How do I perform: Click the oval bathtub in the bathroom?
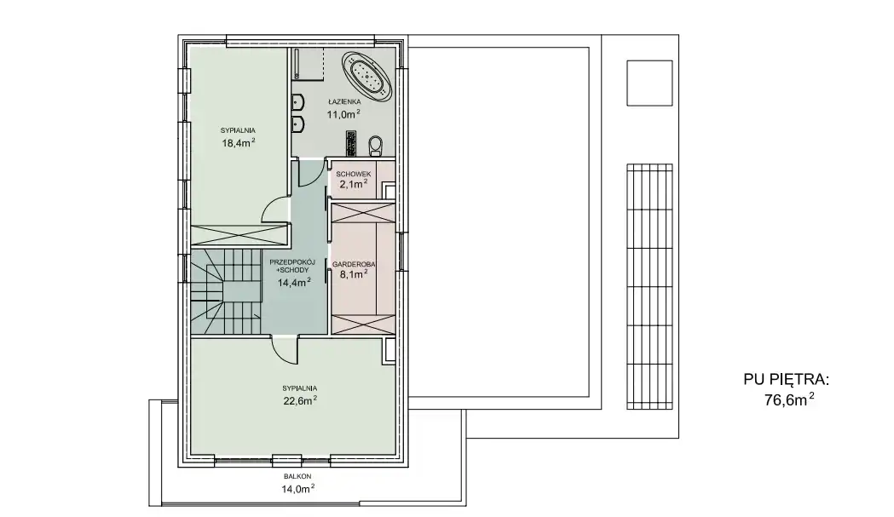368,77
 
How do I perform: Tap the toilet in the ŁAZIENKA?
375,146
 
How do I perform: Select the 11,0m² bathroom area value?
343,114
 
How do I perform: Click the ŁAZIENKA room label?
344,101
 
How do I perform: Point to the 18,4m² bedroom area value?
239,143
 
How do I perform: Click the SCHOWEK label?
354,174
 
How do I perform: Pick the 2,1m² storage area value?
354,184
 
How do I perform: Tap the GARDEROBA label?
354,265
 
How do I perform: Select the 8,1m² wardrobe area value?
354,274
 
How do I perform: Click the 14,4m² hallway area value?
294,282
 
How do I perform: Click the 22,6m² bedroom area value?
300,400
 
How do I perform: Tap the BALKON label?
297,476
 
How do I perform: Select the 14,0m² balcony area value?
297,489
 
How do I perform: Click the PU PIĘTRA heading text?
787,380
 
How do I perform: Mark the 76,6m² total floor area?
789,400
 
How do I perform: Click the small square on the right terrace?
649,83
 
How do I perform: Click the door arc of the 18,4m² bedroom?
273,210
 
